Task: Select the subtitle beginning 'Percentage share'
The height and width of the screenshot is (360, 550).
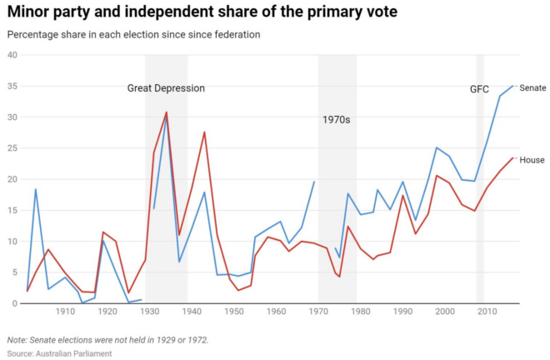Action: pyautogui.click(x=133, y=35)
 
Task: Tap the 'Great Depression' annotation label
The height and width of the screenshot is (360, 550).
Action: pyautogui.click(x=166, y=88)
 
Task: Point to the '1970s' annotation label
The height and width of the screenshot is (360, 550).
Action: pyautogui.click(x=336, y=120)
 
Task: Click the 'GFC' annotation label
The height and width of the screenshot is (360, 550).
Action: pyautogui.click(x=479, y=88)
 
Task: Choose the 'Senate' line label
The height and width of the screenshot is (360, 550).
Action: pyautogui.click(x=532, y=87)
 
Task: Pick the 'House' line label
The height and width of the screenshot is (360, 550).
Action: pyautogui.click(x=532, y=159)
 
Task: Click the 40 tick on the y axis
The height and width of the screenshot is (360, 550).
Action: pyautogui.click(x=12, y=55)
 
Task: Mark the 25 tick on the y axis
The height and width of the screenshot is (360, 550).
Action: pyautogui.click(x=12, y=148)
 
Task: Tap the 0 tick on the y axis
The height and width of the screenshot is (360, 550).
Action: pyautogui.click(x=14, y=303)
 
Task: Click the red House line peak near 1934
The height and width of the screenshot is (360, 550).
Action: pyautogui.click(x=166, y=112)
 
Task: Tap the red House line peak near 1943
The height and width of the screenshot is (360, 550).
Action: pyautogui.click(x=204, y=132)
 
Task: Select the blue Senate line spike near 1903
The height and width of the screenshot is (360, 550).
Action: pyautogui.click(x=36, y=189)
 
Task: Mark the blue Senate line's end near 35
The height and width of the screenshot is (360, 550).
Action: pyautogui.click(x=512, y=86)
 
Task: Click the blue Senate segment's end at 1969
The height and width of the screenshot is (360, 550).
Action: pyautogui.click(x=314, y=182)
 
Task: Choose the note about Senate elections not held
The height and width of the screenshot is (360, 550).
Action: pyautogui.click(x=107, y=340)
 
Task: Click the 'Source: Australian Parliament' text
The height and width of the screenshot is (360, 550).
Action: pyautogui.click(x=59, y=353)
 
